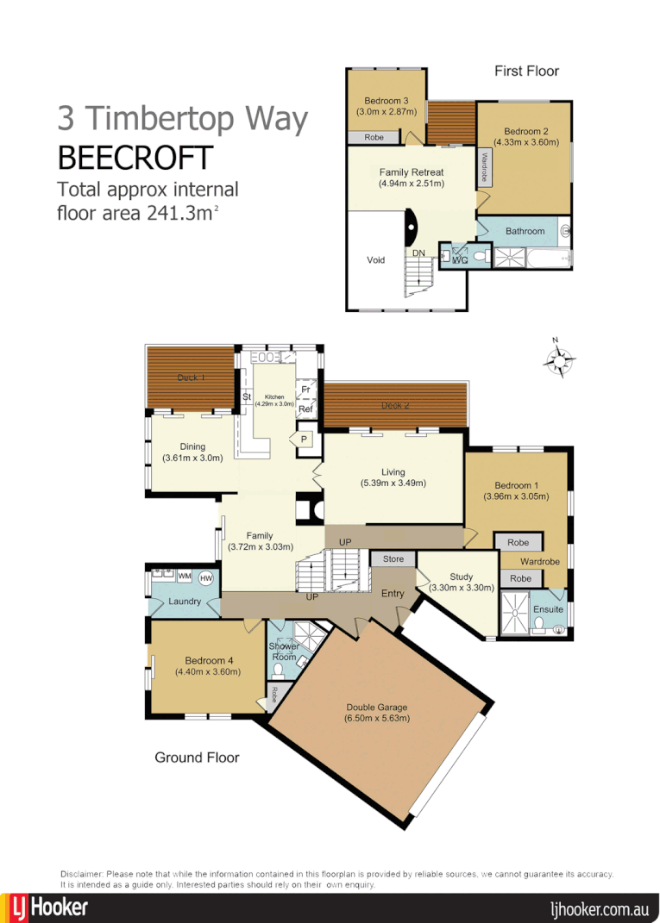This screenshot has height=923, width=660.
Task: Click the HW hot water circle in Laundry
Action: point(206,577)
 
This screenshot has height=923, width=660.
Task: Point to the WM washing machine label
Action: point(184,576)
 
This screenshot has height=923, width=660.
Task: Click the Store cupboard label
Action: point(393,559)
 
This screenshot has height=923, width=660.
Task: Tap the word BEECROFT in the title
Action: point(135,159)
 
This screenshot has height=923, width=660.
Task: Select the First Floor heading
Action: point(526,71)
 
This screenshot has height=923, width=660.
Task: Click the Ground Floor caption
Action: point(197,758)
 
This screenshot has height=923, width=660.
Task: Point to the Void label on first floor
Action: point(375,259)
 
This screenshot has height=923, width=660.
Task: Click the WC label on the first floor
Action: point(459,259)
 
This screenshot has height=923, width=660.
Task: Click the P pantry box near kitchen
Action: point(305,439)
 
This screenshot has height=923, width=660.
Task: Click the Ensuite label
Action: point(549,609)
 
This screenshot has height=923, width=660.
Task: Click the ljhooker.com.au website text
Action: point(599,908)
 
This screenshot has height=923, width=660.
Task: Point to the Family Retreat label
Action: point(412,178)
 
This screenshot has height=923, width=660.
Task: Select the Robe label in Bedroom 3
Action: point(374,137)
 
